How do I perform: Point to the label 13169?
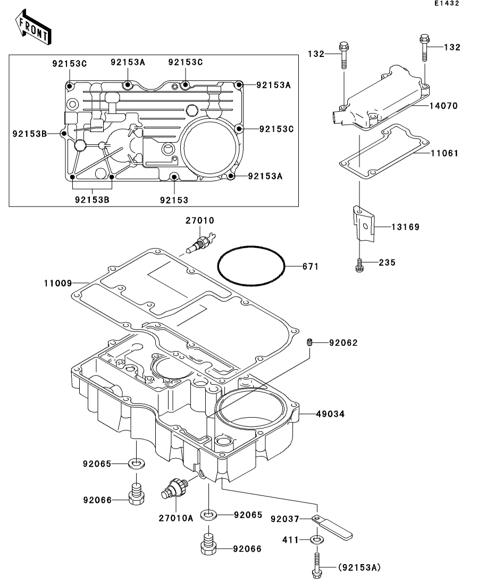(x=406, y=227)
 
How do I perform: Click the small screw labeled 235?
(x=359, y=264)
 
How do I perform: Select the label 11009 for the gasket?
(x=57, y=283)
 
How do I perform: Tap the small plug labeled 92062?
(x=308, y=342)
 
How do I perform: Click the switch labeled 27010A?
(x=174, y=489)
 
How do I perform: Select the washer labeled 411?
(x=317, y=541)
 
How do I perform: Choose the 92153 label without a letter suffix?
(x=174, y=200)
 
